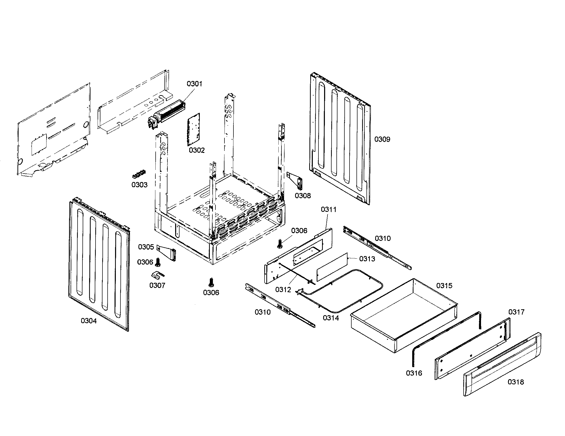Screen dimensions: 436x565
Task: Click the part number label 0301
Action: point(194,84)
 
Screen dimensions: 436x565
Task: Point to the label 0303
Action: point(139,185)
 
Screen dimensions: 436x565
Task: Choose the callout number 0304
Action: point(89,321)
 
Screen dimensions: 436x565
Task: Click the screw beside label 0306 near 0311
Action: point(279,243)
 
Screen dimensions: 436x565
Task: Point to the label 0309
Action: point(382,139)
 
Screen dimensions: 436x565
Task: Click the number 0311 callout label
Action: point(328,210)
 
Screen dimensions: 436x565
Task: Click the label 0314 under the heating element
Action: point(331,318)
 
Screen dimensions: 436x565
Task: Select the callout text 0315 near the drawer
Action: point(444,286)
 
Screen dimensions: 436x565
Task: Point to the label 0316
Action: point(414,373)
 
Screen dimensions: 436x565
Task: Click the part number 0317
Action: point(516,312)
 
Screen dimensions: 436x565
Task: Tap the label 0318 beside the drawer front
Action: point(516,382)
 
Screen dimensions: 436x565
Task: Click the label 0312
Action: point(283,289)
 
